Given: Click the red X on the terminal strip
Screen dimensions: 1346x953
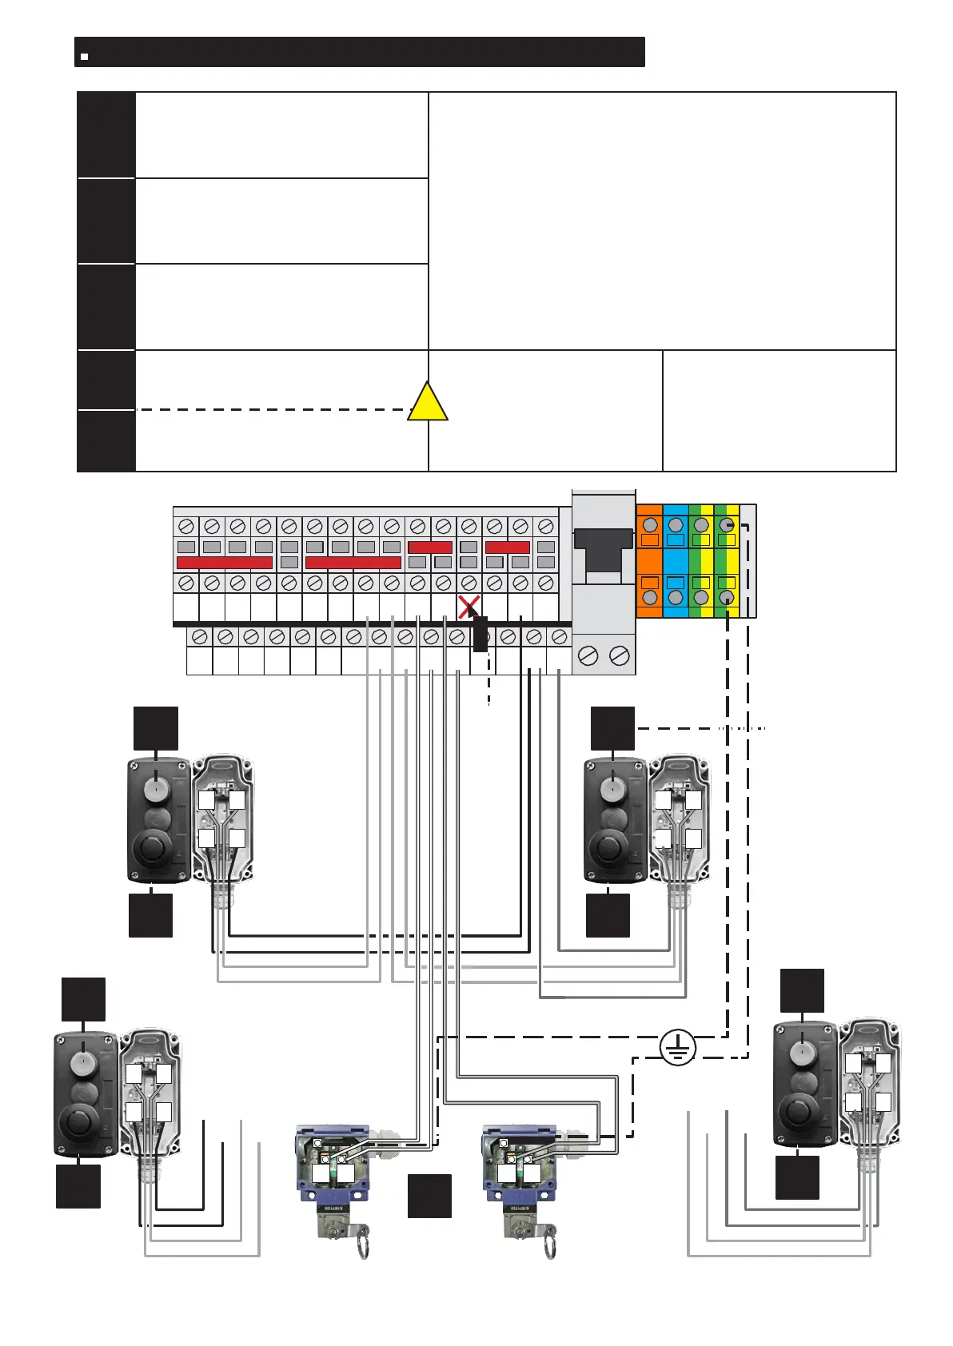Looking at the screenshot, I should pos(469,606).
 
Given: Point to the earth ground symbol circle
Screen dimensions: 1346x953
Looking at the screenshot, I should pos(678,1047).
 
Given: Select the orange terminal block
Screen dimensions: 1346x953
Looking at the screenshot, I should pos(650,561).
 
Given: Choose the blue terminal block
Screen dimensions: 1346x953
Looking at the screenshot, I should pos(676,561).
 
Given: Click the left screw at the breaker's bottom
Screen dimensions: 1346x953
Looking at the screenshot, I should pos(588,656).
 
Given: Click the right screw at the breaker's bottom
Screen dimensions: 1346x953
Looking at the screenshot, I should pos(619,656).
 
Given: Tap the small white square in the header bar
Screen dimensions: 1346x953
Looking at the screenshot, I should pos(84,57).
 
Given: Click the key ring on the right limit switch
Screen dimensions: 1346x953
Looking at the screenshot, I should pos(549,1240).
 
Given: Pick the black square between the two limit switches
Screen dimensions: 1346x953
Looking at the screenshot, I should pos(429,1196).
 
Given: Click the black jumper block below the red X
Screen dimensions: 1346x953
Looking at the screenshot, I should pos(480,634).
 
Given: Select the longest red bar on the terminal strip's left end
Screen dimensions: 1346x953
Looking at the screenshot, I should pos(225,563).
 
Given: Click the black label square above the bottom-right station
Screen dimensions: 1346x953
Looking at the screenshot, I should pos(802,991).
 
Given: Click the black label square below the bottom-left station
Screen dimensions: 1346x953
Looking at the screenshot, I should pos(78,1186).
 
